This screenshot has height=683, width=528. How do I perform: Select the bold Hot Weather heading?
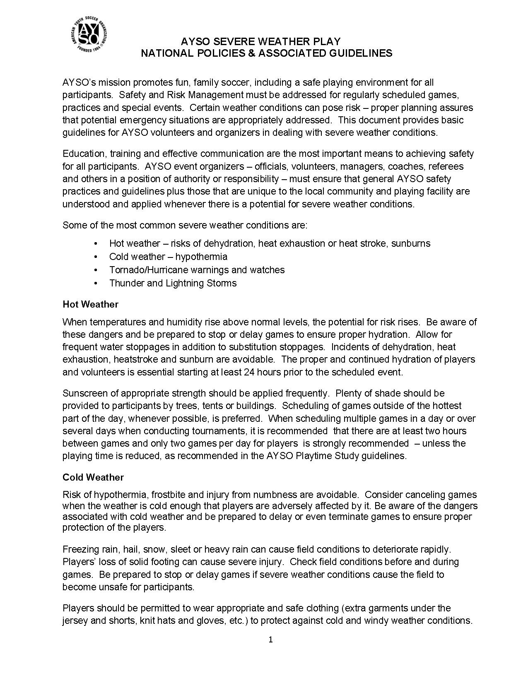90,304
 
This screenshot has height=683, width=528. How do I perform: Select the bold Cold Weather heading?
93,477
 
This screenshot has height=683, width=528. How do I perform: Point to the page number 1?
270,640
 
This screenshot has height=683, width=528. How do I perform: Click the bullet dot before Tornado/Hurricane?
96,270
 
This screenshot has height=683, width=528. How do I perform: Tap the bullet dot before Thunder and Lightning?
96,283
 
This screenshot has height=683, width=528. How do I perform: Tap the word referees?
446,166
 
